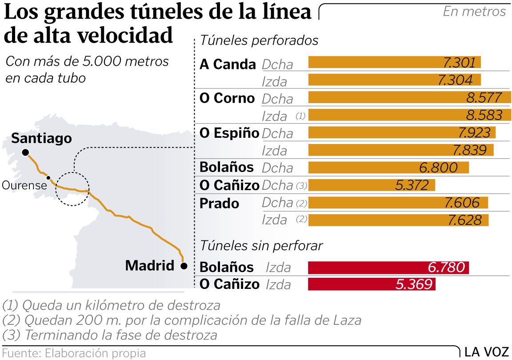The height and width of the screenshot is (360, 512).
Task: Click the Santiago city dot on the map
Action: point(26,152)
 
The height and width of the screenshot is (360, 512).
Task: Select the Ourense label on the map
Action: point(24,185)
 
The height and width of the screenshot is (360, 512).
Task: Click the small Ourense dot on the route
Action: point(48,178)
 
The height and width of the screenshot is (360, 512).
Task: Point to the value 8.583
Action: point(484,115)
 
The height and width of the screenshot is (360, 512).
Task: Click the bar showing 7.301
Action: point(394,62)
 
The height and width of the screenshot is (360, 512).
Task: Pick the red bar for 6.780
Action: point(388,268)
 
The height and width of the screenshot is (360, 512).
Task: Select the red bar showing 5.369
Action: point(371,284)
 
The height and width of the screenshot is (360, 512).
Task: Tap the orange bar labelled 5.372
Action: point(371,185)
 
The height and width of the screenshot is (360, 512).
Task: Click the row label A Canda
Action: point(228,64)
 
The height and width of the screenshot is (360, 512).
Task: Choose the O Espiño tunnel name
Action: point(229,133)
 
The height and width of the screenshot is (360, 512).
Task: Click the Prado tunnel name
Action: point(220,203)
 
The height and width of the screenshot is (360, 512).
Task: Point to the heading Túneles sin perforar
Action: point(261,245)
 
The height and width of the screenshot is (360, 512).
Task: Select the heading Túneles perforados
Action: point(260,40)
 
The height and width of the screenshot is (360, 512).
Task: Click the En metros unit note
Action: point(474,11)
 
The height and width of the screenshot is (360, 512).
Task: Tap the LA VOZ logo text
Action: point(486,352)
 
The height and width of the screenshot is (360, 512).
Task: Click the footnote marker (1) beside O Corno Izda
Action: point(300,116)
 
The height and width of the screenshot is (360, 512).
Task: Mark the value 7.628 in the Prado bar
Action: point(465,220)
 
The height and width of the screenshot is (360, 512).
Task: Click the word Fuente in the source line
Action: point(20,353)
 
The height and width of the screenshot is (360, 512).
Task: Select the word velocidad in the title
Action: point(125,36)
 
